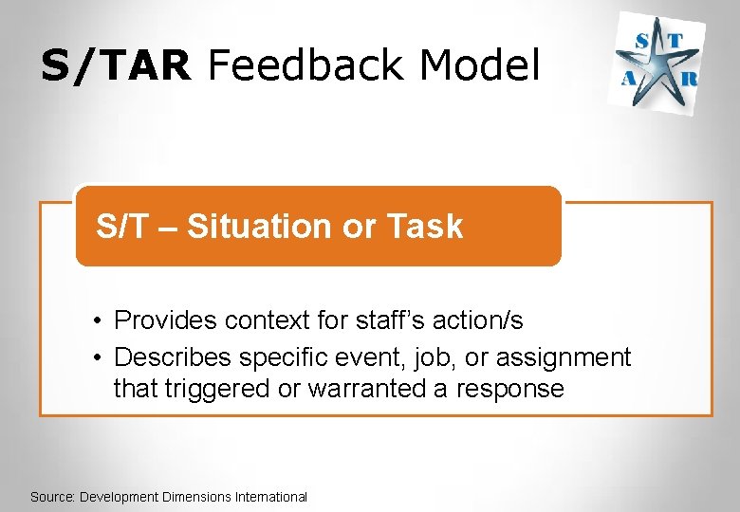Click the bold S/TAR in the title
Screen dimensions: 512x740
[x=116, y=65]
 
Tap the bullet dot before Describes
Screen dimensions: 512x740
[x=99, y=358]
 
